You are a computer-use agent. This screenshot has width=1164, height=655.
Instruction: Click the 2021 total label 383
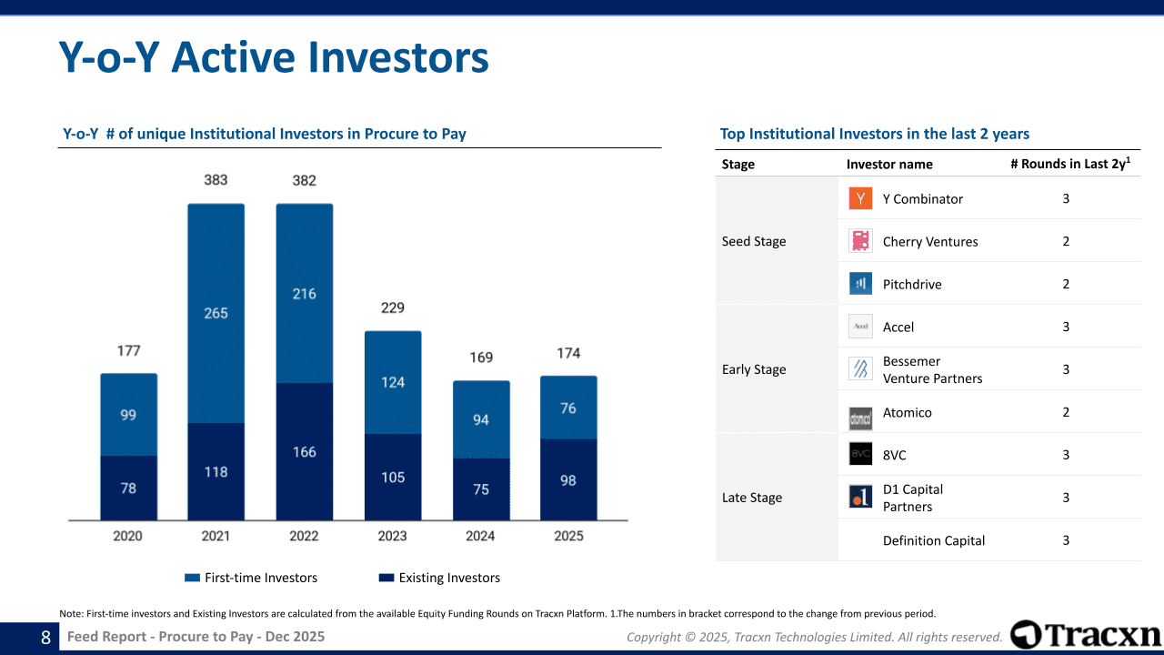(x=216, y=180)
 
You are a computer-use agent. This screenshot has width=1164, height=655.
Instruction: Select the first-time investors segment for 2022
(x=305, y=293)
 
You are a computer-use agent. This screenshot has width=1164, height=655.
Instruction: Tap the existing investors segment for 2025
(x=568, y=479)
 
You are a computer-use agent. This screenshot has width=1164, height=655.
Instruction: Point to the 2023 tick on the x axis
(x=392, y=536)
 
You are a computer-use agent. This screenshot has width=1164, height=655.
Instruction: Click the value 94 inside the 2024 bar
(x=481, y=419)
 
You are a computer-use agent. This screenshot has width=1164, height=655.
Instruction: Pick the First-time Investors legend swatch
(x=192, y=578)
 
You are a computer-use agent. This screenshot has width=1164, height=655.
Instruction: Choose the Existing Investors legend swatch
(x=386, y=578)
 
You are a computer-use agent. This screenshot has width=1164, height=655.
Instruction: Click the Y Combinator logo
(x=860, y=198)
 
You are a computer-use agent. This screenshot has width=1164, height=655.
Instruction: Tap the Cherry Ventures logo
(x=860, y=241)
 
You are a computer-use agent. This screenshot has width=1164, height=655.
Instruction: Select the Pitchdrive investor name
(x=912, y=285)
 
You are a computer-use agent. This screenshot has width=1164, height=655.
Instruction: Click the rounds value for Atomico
(x=1066, y=412)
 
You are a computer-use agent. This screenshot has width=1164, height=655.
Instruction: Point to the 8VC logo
(x=860, y=454)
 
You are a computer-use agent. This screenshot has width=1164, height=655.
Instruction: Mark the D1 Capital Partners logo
(x=860, y=497)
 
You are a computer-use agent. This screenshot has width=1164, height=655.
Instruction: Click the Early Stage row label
(x=754, y=369)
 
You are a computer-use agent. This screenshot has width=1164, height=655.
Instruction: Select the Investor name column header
(x=889, y=165)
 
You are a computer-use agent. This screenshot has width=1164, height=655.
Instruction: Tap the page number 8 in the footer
(x=45, y=638)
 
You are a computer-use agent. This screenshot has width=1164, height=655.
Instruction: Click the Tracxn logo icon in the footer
(x=1026, y=634)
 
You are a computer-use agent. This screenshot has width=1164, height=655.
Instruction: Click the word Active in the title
(x=234, y=57)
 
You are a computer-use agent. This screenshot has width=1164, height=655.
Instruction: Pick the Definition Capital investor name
(x=934, y=540)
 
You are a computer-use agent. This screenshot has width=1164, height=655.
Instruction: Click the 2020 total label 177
(x=128, y=351)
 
